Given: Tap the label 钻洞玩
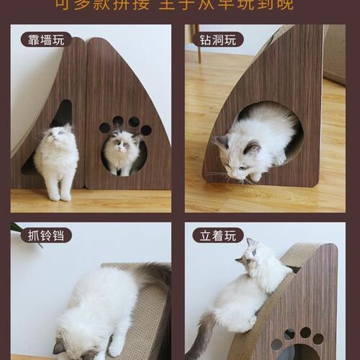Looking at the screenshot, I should [x=218, y=40].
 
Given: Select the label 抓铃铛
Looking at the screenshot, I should [x=42, y=235].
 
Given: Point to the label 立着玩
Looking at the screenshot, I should [x=218, y=235].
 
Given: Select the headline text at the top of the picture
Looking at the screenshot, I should [x=180, y=6].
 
